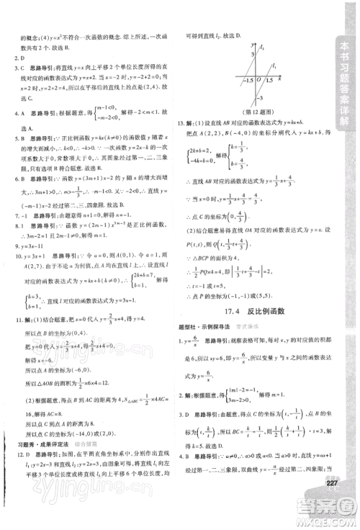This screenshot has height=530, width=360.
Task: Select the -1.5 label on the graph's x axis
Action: pyautogui.click(x=243, y=81)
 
